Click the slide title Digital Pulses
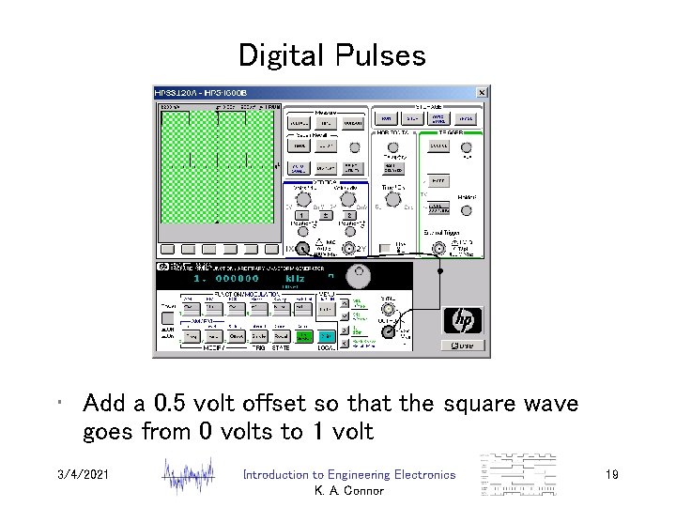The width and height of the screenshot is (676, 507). point(331,54)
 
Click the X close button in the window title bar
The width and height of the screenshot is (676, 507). point(482,93)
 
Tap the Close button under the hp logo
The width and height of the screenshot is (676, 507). point(465,346)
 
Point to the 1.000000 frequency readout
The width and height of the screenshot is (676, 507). point(225,278)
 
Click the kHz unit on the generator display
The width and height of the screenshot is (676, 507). point(295,278)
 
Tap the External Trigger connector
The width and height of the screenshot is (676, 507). point(438,248)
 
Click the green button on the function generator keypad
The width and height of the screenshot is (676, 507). point(303,336)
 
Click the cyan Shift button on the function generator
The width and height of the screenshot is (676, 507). point(325,336)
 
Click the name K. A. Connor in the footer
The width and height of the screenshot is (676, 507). point(348,491)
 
